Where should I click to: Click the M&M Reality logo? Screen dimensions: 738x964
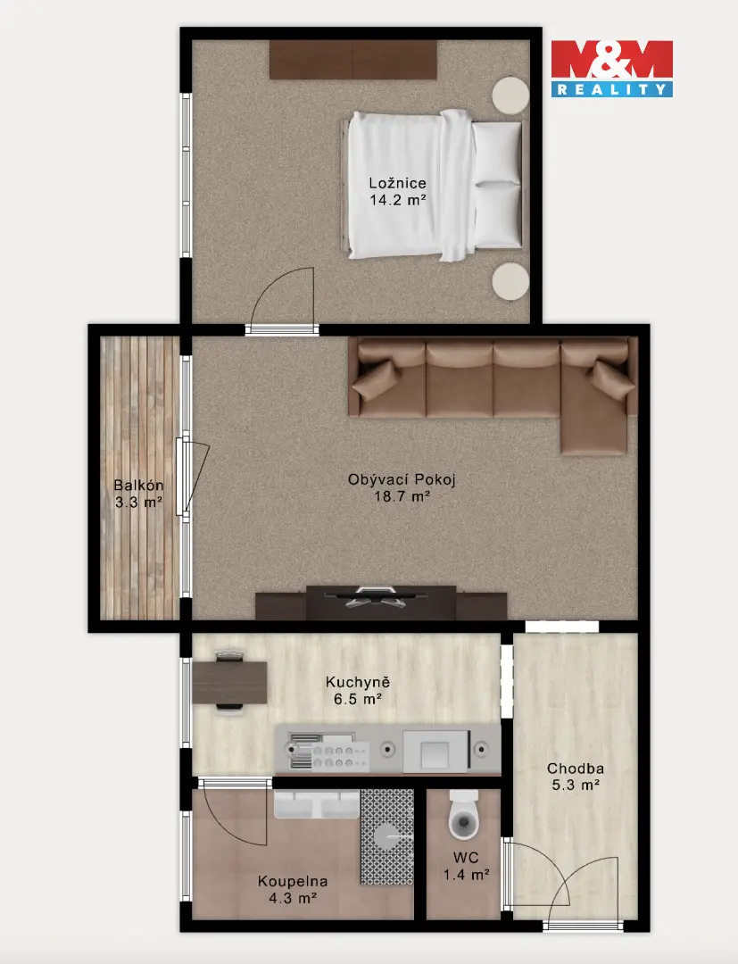(x=611, y=69)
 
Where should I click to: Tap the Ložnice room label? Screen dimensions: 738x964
(x=398, y=183)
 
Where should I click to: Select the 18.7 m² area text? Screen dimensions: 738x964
(x=402, y=496)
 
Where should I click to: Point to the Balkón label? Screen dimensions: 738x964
(x=139, y=485)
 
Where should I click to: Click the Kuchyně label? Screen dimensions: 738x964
(x=358, y=682)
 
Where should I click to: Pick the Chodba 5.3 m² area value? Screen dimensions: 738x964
(x=576, y=785)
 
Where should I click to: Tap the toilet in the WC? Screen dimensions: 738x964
(x=463, y=816)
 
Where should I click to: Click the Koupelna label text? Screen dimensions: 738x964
(x=293, y=881)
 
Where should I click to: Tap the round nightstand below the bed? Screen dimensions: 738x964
(x=510, y=281)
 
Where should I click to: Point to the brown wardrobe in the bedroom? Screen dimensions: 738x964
(x=353, y=60)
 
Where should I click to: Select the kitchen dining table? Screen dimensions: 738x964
(x=230, y=683)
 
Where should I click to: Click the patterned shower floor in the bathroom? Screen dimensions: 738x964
(x=387, y=836)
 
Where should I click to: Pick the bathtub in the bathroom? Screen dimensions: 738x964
(x=317, y=805)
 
